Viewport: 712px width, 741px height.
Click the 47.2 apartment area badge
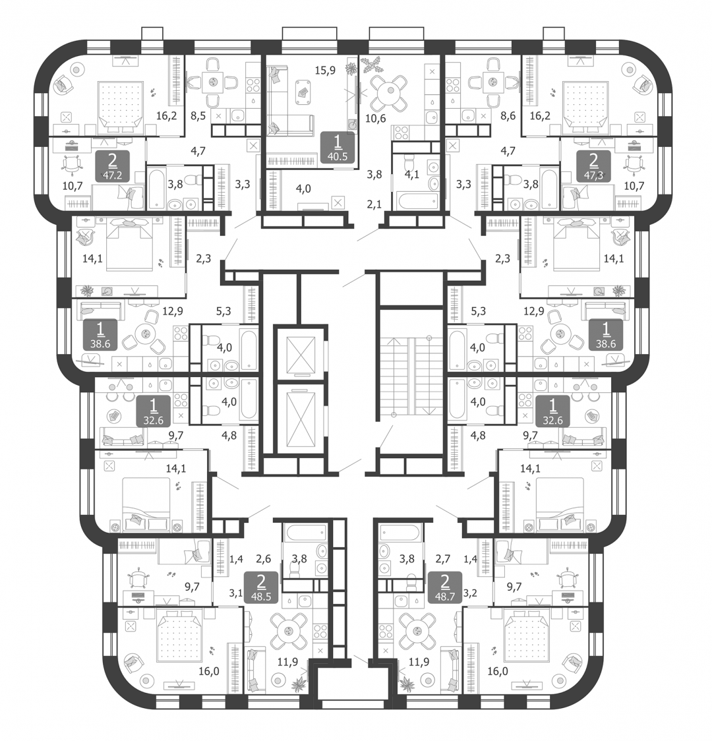pyautogui.click(x=113, y=166)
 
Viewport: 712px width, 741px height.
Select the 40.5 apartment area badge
pyautogui.click(x=338, y=148)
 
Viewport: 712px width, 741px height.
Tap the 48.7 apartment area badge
pyautogui.click(x=445, y=587)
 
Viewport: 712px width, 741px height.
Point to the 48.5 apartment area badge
pyautogui.click(x=261, y=587)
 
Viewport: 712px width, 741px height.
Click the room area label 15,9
pyautogui.click(x=325, y=71)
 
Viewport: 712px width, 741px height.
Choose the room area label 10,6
pyautogui.click(x=376, y=118)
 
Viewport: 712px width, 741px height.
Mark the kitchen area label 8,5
pyautogui.click(x=198, y=115)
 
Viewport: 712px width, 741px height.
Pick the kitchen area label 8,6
pyautogui.click(x=507, y=115)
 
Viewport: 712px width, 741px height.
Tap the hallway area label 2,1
pyautogui.click(x=374, y=204)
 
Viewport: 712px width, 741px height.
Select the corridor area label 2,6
pyautogui.click(x=263, y=558)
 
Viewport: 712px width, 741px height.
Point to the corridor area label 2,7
pyautogui.click(x=442, y=558)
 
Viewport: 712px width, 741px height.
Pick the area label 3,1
pyautogui.click(x=235, y=593)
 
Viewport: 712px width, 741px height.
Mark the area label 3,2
pyautogui.click(x=470, y=593)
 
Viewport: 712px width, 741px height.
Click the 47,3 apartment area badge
pyautogui.click(x=593, y=166)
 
